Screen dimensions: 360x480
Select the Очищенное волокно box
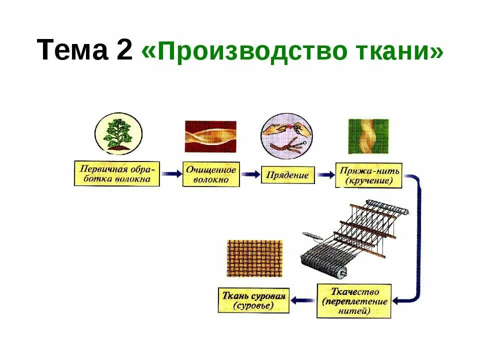(x=210, y=174)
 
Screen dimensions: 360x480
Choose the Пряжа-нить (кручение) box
(x=368, y=175)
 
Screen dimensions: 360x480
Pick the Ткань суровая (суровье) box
(x=253, y=300)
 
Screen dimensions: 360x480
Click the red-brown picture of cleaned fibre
(x=210, y=136)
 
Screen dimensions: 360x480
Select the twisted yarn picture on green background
(x=368, y=136)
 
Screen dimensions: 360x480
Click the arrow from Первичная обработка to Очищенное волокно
(x=171, y=174)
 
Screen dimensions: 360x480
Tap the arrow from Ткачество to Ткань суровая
(x=302, y=300)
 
